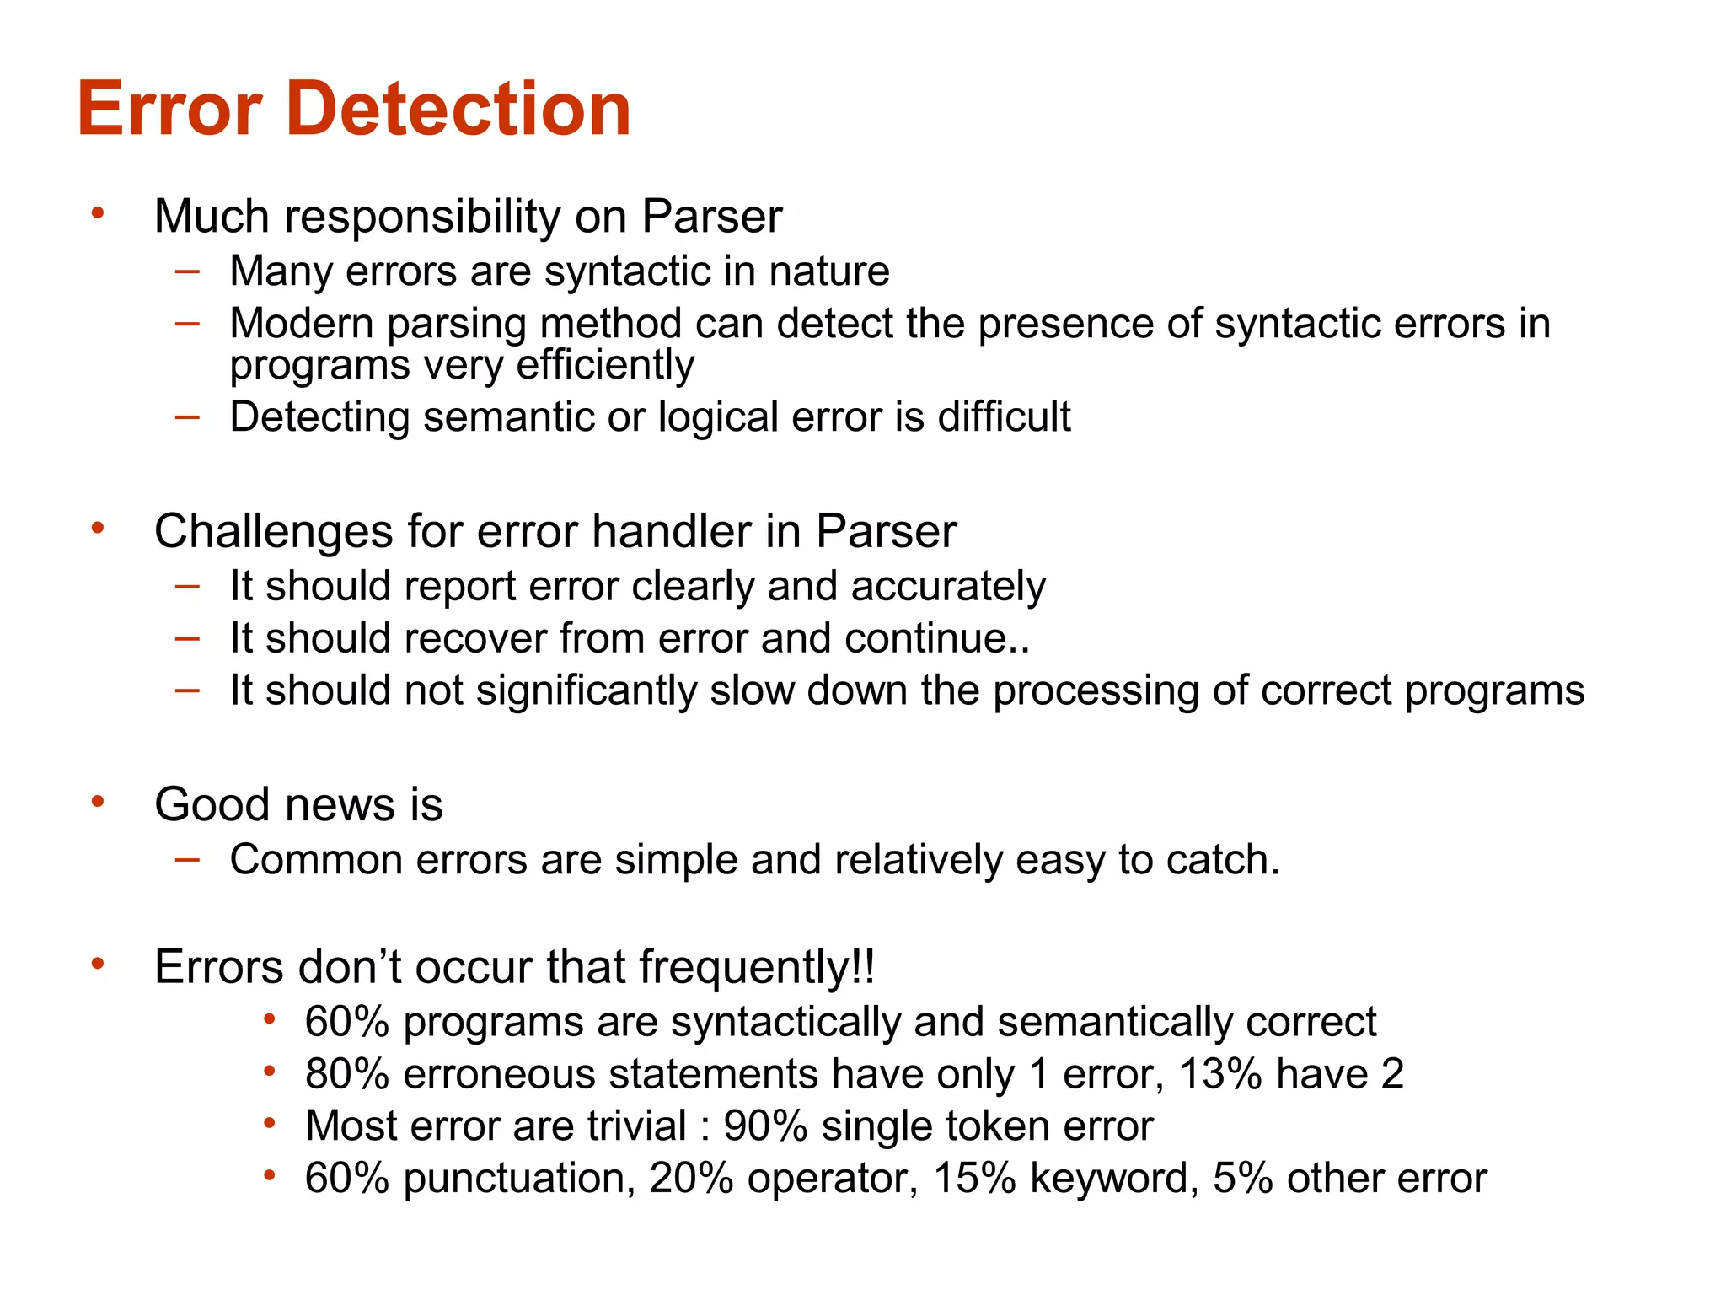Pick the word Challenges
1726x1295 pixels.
click(x=274, y=532)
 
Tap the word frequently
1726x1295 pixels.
click(x=745, y=967)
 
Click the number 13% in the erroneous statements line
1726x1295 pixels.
click(x=1219, y=1074)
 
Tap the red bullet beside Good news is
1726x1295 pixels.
click(x=99, y=801)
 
